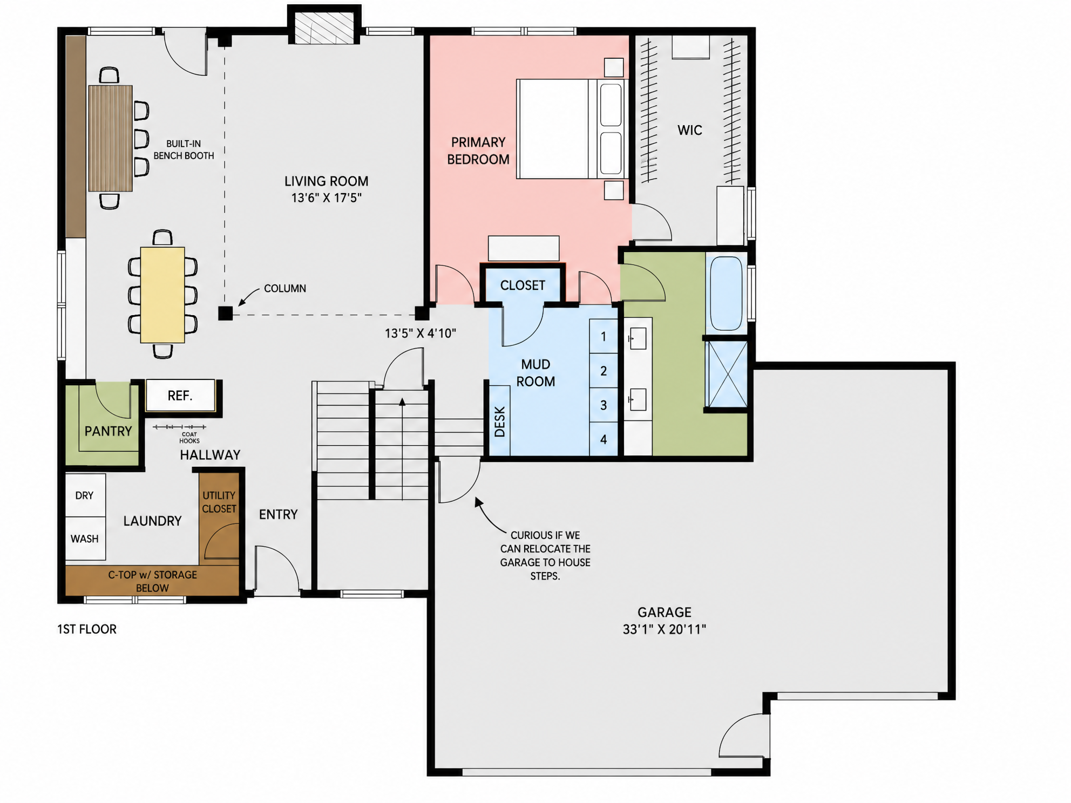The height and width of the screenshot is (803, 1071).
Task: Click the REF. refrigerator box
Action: (181, 396)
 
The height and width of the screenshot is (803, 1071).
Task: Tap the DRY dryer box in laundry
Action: (85, 495)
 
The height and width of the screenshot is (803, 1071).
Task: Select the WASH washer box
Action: (85, 539)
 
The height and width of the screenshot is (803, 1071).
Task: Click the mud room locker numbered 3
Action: (604, 405)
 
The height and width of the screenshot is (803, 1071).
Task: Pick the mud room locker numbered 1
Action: (604, 336)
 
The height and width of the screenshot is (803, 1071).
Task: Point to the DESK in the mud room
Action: (500, 421)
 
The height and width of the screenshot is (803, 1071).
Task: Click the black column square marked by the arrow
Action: (225, 313)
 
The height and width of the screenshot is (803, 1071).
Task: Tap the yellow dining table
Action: (162, 295)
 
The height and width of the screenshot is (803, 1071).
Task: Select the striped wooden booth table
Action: (110, 138)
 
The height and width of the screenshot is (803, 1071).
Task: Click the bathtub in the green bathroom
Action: (726, 293)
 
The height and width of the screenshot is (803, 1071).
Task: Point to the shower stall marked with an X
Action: (727, 373)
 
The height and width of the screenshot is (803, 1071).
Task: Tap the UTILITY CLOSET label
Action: (219, 502)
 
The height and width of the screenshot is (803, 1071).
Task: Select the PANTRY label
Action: (108, 431)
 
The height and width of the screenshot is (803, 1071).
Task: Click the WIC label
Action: (690, 130)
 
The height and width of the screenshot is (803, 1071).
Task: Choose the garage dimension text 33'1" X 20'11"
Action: (665, 629)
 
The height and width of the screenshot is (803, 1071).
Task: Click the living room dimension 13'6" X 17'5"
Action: (326, 198)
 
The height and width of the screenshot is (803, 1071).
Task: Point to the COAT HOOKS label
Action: (189, 438)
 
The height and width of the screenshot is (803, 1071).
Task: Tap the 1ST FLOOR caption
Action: (87, 629)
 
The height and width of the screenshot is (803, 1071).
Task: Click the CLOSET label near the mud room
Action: (523, 285)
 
